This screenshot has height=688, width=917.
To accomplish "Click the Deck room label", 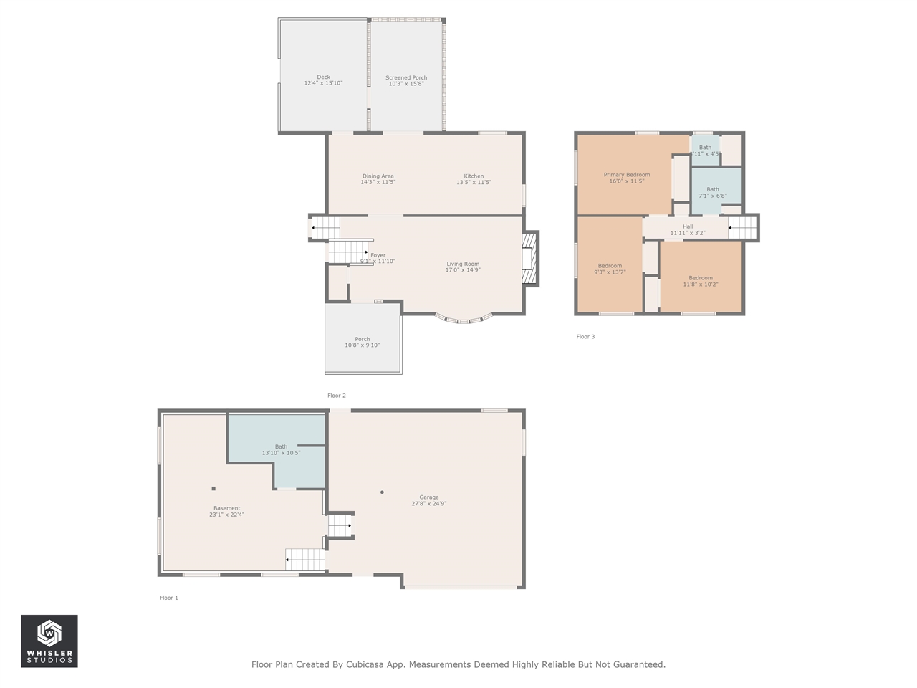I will (x=323, y=77).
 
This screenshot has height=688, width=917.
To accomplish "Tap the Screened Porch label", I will (x=406, y=78).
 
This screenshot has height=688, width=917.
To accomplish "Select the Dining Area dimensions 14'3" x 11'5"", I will (x=378, y=183).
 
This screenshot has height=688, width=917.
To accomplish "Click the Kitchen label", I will (x=474, y=176).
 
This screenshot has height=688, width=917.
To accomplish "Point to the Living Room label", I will (x=463, y=264).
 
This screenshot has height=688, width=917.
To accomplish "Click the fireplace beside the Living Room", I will (x=529, y=259).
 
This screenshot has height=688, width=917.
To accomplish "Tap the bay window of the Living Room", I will (x=464, y=320).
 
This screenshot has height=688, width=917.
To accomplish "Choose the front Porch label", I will (x=363, y=340).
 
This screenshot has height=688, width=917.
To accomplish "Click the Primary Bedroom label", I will (x=627, y=175).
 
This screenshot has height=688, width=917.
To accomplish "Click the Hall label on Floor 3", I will (x=688, y=226).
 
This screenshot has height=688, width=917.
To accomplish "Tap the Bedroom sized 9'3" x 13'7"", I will (x=610, y=269).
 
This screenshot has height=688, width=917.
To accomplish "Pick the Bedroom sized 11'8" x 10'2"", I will (x=701, y=281).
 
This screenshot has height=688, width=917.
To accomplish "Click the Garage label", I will (x=429, y=497).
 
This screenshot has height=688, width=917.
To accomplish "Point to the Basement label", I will (x=226, y=508).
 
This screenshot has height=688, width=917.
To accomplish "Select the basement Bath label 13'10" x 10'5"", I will (x=281, y=449).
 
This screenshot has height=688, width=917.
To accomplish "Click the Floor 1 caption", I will (x=169, y=598).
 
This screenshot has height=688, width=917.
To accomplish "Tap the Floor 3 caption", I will (x=585, y=337).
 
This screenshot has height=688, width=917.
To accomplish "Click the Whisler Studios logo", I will (x=49, y=641).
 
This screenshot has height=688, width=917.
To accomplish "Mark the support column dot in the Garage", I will (x=382, y=492).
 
